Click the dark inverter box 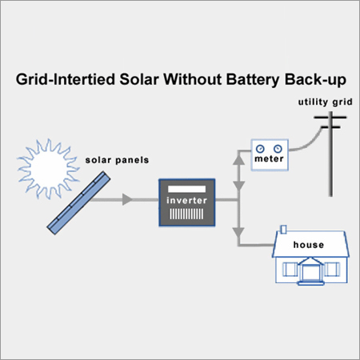(x=186, y=204)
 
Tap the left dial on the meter (x=261, y=148)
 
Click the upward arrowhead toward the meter (x=238, y=161)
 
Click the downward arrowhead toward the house (x=238, y=233)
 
